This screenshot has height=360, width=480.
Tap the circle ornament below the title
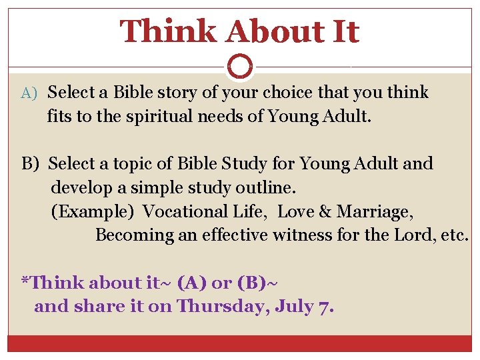tap(240, 67)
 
